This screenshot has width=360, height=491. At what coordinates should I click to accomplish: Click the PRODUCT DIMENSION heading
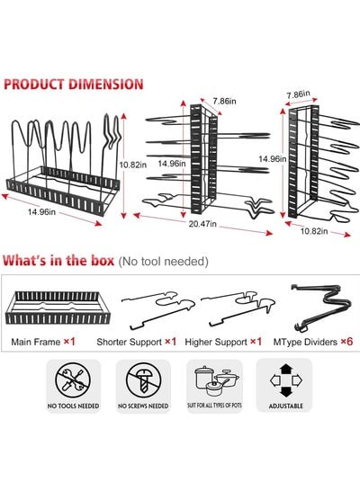click(x=74, y=85)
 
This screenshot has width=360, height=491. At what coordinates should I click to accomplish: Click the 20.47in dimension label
click(x=202, y=224)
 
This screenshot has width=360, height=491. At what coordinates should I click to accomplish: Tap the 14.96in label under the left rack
click(x=41, y=212)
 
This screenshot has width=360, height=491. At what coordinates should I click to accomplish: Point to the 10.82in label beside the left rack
click(x=133, y=165)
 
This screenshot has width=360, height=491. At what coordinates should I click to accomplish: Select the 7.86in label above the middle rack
click(x=224, y=101)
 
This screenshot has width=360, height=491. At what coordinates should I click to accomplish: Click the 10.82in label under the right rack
click(x=314, y=231)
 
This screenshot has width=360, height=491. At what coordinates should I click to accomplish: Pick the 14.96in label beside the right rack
click(x=273, y=159)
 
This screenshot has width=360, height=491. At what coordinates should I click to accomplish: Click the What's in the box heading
click(x=58, y=261)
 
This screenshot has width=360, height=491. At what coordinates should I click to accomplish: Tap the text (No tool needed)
click(x=163, y=262)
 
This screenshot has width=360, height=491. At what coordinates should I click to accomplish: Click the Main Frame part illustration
click(x=58, y=308)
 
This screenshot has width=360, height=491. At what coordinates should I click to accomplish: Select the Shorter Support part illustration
click(x=158, y=310)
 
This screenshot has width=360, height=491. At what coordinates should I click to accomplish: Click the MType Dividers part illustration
click(x=320, y=308)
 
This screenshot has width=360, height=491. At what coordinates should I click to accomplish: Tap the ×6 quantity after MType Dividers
click(x=346, y=342)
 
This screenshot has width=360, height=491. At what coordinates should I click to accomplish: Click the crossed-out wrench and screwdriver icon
click(x=73, y=379)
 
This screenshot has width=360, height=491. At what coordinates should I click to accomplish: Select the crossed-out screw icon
click(x=143, y=379)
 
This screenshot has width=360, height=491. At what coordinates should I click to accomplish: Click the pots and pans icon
click(x=216, y=380)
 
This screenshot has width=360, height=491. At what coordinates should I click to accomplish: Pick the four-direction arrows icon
click(x=285, y=380)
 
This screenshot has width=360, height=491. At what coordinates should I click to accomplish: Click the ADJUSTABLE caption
click(x=285, y=406)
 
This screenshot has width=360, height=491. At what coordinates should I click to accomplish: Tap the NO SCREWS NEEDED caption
click(x=143, y=406)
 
